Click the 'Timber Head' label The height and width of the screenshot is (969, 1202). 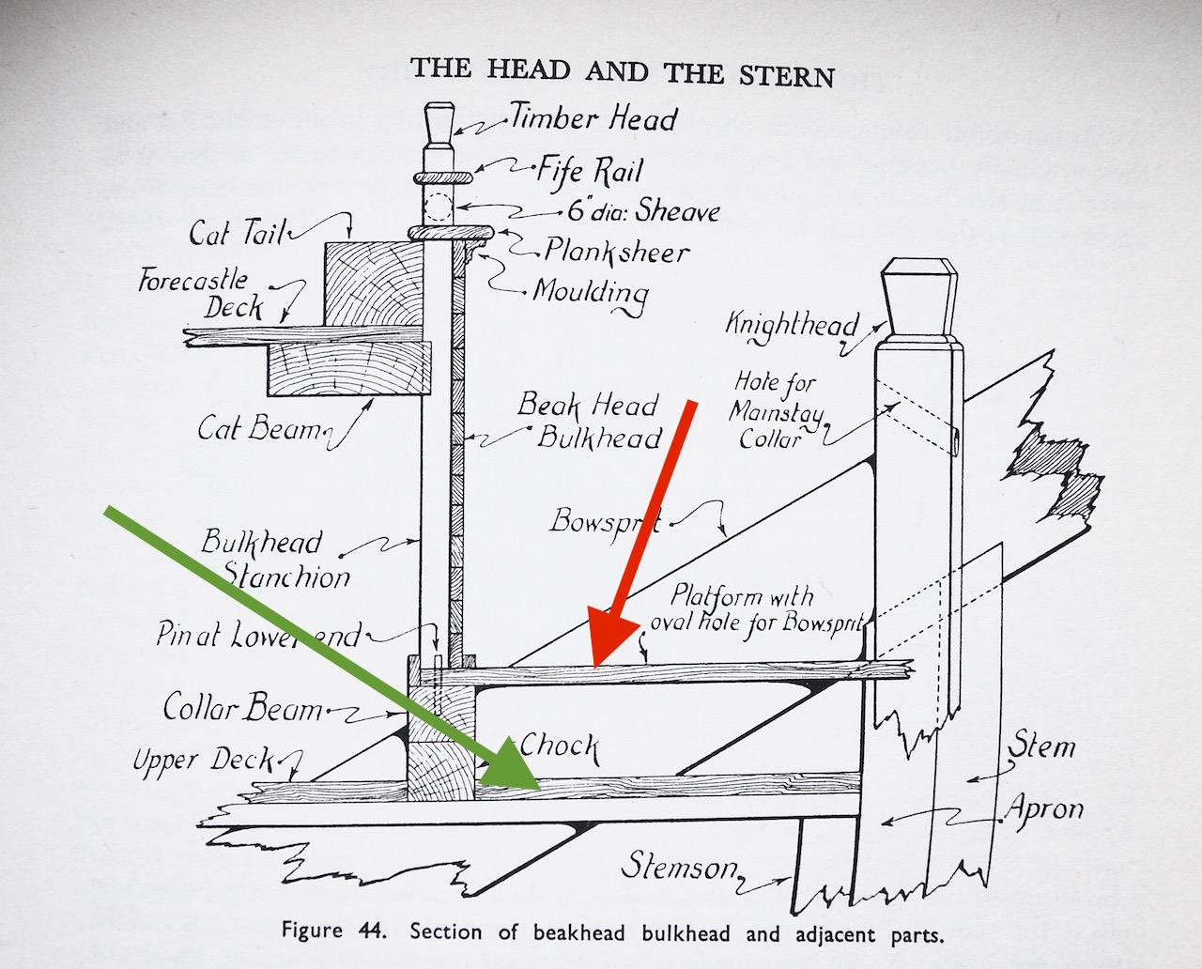tap(593, 118)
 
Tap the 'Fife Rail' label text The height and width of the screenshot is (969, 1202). tap(590, 170)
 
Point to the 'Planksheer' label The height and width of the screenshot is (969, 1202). tap(616, 251)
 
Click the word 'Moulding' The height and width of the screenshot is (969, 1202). tap(591, 292)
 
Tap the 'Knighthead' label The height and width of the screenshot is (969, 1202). tap(791, 324)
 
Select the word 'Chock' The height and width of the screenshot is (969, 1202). tap(560, 746)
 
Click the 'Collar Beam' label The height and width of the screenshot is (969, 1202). tap(242, 707)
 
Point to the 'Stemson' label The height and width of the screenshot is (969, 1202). tap(679, 867)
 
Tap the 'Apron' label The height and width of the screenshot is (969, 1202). tap(1045, 808)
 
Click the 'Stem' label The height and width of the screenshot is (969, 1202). tap(1041, 746)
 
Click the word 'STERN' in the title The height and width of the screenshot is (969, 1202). tap(786, 75)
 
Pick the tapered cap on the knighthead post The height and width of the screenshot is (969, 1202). tap(919, 298)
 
